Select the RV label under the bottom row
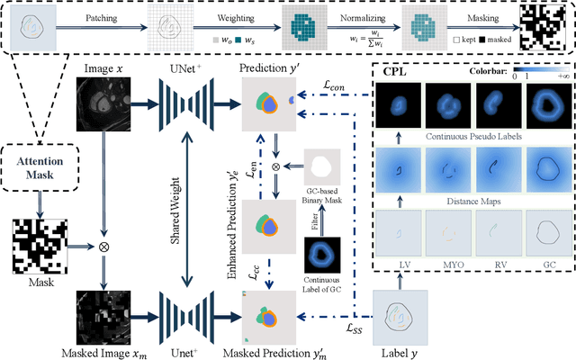tap(499, 265)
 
